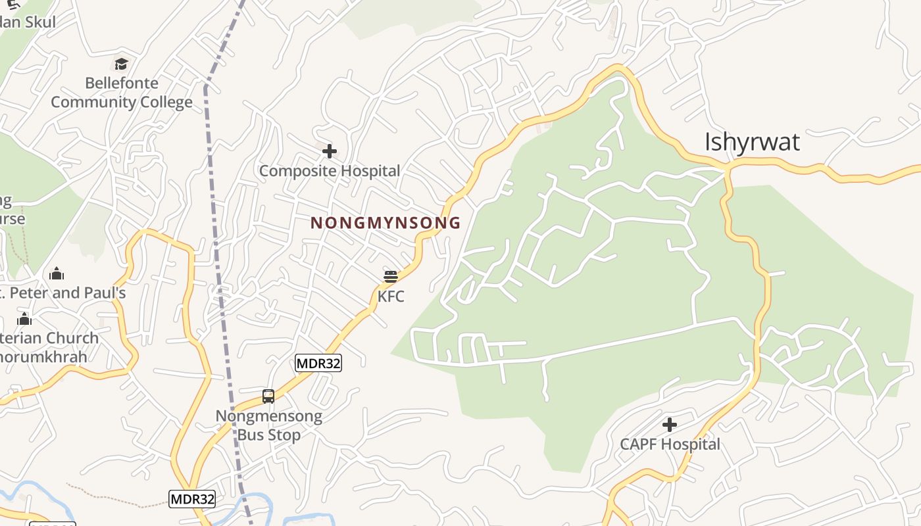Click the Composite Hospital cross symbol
(330, 152)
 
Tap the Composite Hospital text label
(330, 171)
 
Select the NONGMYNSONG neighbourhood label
(386, 223)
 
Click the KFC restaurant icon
(391, 276)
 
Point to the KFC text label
(391, 297)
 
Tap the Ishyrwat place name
(752, 142)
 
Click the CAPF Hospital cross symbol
(670, 425)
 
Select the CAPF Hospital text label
(670, 444)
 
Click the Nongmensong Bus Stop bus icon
(268, 396)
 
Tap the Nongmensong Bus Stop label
(269, 425)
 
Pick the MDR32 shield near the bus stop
(318, 363)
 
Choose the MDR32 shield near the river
(192, 499)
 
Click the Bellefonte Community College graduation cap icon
(121, 64)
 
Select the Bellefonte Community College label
(122, 93)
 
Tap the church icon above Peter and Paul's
(57, 274)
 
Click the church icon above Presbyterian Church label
(24, 320)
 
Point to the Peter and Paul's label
(62, 293)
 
